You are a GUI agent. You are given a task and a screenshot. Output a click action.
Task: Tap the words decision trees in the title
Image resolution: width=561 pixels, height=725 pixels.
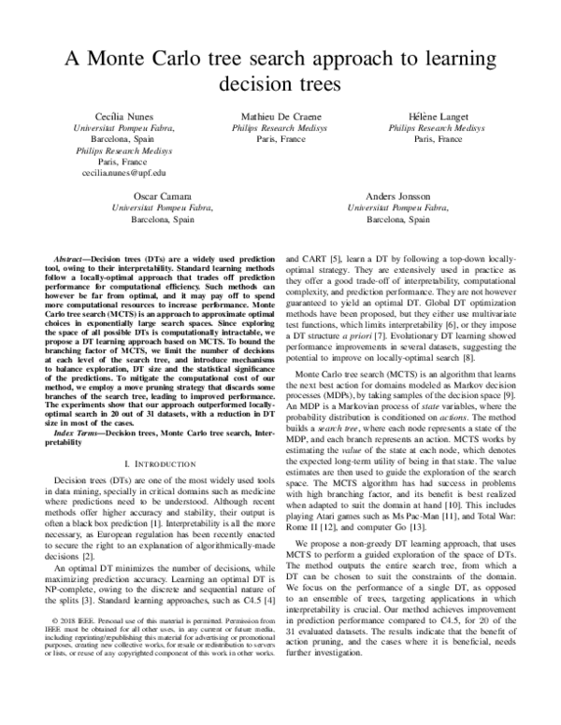point(280,85)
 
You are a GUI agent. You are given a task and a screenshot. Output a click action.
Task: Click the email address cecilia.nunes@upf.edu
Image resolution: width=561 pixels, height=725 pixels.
point(118,173)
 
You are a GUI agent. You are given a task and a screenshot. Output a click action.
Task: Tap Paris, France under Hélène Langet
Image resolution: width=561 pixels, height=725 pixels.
point(437,137)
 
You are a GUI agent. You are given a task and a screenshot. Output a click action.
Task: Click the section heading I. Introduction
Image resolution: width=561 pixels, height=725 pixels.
point(160,464)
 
